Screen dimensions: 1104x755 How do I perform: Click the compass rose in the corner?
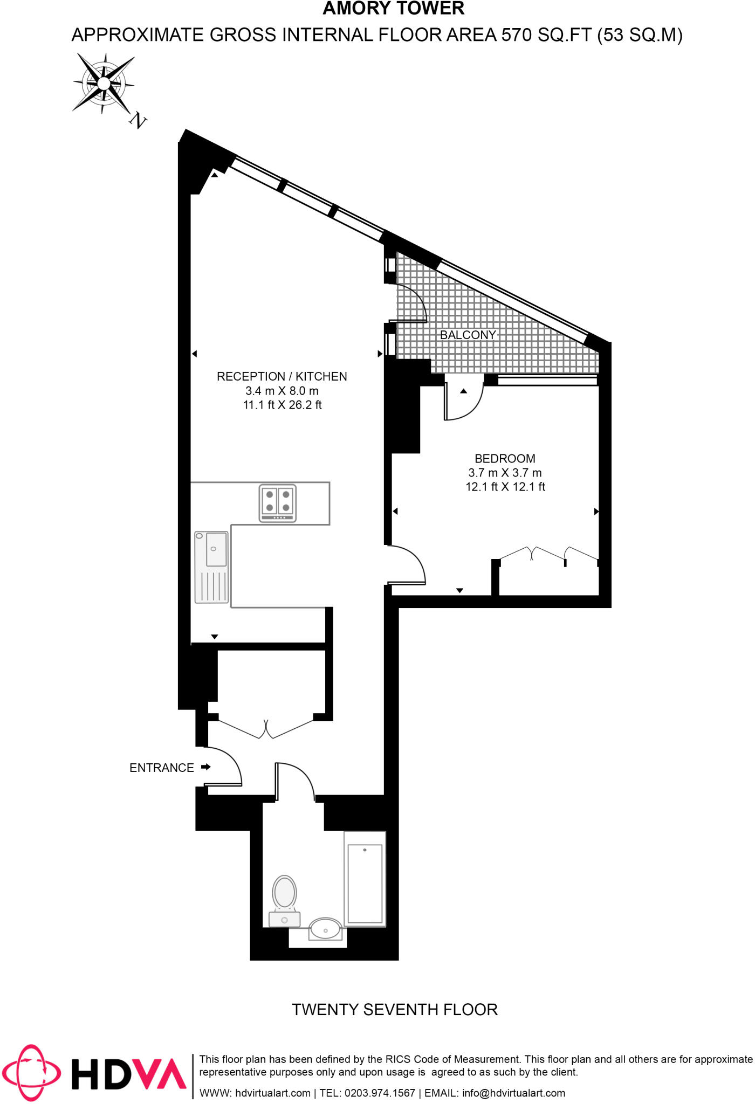[x=103, y=84]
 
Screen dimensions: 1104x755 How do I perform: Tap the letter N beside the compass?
[x=138, y=120]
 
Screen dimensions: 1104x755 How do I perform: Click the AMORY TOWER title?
[x=393, y=9]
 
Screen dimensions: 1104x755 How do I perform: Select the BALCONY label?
[x=468, y=335]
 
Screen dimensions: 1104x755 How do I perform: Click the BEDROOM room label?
[x=505, y=459]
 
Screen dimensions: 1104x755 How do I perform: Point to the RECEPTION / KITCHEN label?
[x=282, y=376]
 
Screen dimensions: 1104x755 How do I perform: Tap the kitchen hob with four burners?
[x=278, y=503]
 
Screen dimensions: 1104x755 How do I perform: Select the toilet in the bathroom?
[x=284, y=899]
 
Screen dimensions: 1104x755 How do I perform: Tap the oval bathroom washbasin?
[x=325, y=929]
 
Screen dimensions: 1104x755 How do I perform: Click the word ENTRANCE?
[x=161, y=768]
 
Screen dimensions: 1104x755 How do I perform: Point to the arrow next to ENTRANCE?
[x=206, y=767]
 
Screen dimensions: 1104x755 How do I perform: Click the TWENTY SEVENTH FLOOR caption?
[x=394, y=1010]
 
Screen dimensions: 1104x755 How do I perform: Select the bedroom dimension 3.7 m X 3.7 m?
[x=505, y=473]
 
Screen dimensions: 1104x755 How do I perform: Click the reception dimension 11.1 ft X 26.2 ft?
[x=282, y=405]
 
